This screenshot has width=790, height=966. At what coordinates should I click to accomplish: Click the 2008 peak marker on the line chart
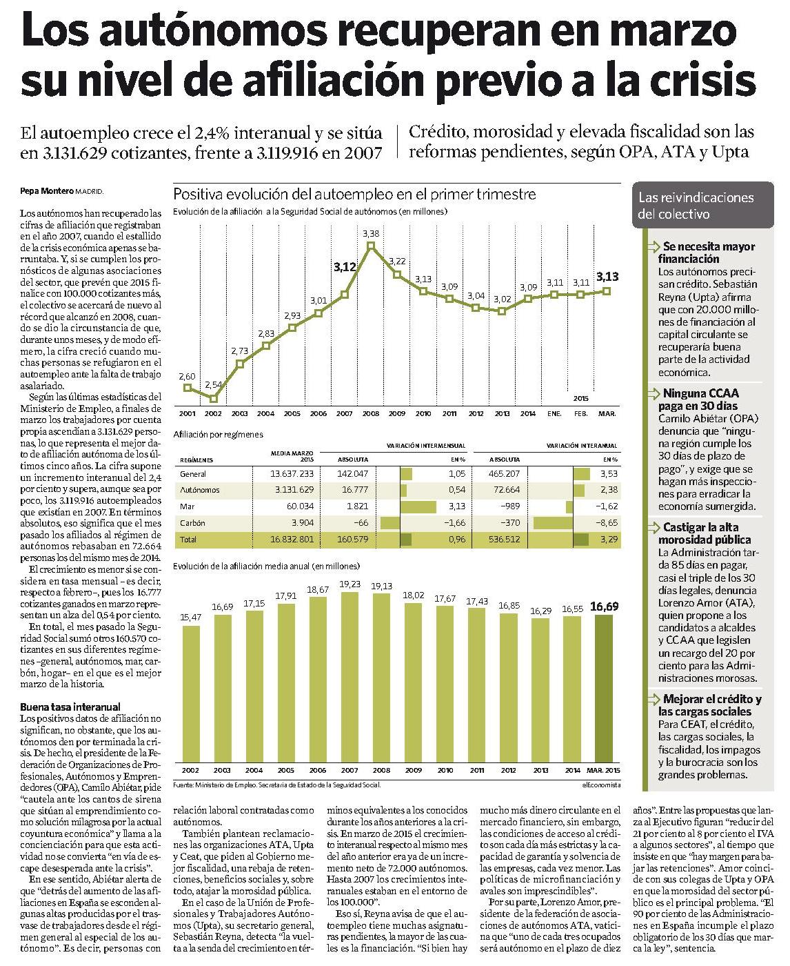tap(371, 246)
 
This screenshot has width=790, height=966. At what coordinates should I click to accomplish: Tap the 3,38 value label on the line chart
tap(371, 234)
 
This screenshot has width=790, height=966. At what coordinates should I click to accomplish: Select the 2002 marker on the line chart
tap(213, 399)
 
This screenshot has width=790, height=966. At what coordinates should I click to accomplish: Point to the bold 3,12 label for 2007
tap(345, 266)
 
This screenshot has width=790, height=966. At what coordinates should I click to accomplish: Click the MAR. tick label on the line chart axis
tap(607, 413)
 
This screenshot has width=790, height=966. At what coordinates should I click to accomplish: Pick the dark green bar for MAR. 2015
tap(603, 689)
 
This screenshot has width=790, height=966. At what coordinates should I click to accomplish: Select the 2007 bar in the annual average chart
tap(350, 678)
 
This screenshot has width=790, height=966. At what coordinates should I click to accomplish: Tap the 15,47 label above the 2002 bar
tap(191, 617)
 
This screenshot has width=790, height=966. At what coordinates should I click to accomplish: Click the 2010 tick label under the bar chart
tap(445, 771)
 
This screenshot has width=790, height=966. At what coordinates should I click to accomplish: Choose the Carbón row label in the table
tap(192, 522)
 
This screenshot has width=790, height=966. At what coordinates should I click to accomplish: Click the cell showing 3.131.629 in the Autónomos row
tap(294, 490)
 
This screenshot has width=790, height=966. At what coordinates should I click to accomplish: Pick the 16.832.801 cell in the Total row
tap(292, 539)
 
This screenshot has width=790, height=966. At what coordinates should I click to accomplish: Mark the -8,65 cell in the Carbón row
tap(607, 522)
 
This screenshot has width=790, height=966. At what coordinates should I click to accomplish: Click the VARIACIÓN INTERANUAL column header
tap(582, 446)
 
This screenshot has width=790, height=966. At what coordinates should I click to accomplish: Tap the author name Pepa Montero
tap(47, 191)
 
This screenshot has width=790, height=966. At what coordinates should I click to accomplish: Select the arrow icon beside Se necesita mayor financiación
tap(654, 247)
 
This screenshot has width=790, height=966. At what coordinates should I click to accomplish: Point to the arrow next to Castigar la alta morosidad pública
tap(654, 528)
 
